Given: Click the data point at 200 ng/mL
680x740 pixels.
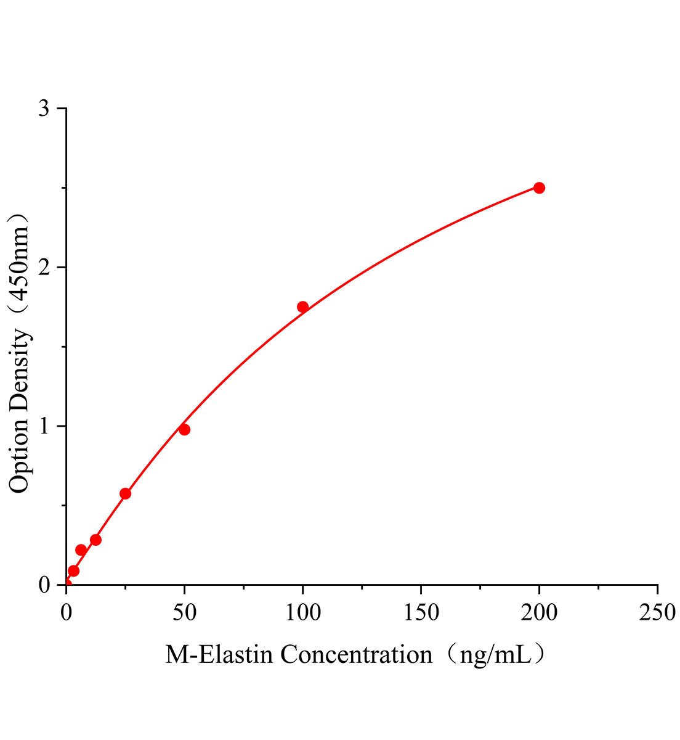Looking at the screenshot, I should coord(539,188).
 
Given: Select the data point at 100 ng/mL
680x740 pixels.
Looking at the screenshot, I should coord(302,307).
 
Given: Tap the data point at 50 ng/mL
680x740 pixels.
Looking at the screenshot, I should coord(184,430).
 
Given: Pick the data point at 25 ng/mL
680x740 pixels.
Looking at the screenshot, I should coord(125,493).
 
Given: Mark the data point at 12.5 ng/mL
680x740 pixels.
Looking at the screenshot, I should coord(95,540).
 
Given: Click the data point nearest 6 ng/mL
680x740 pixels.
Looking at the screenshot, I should coord(81,550).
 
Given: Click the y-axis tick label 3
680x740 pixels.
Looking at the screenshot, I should coord(44,109).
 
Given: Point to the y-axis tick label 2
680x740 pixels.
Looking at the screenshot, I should coord(44,268).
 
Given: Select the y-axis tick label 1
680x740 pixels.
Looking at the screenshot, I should coord(44,427).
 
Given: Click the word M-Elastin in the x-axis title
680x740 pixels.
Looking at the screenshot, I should coord(219,655).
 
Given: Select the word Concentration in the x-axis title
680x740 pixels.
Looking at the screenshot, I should coord(357,655).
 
